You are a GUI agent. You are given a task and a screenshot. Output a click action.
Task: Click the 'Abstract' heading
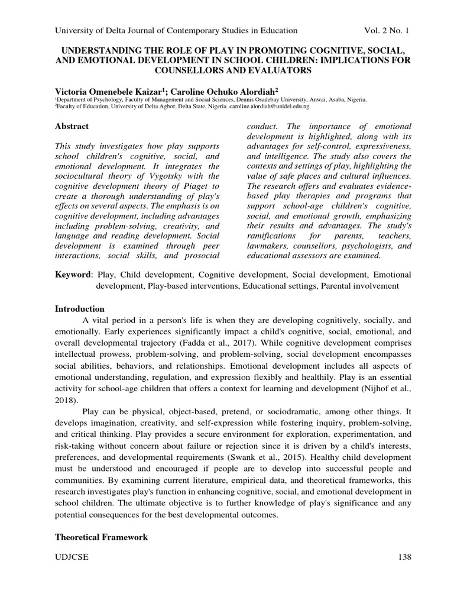point(72,126)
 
